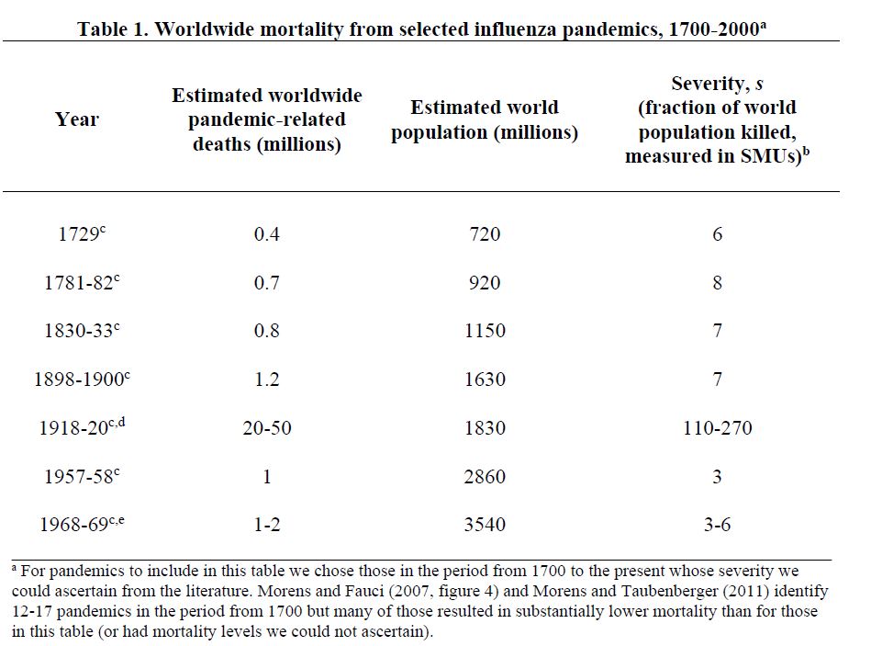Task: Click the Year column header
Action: coord(77,119)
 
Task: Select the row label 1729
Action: coord(77,234)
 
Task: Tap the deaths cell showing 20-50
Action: coord(266,428)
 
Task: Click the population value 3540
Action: coord(485,525)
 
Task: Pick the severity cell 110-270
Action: coord(717,428)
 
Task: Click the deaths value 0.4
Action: coord(266,234)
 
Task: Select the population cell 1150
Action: coord(485,331)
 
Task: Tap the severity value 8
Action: coord(717,282)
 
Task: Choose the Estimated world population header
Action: coord(485,119)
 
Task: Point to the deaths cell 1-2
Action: coord(266,525)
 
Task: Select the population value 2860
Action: coord(485,476)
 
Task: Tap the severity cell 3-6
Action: coord(717,525)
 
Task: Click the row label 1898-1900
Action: coord(78,380)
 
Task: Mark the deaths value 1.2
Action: coord(266,380)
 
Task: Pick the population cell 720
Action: coord(485,234)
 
